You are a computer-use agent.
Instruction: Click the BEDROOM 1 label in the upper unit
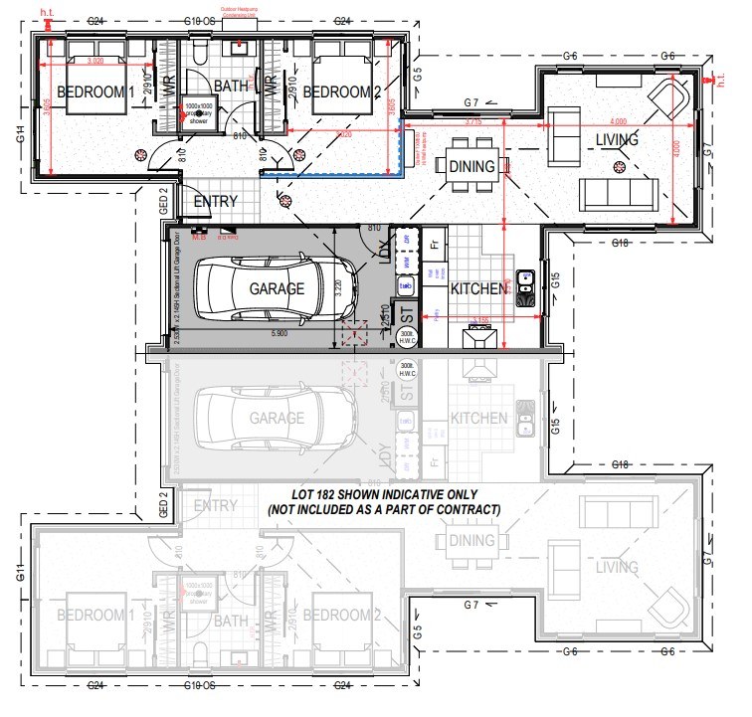pyautogui.click(x=95, y=92)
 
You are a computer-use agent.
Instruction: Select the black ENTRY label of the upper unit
pyautogui.click(x=216, y=202)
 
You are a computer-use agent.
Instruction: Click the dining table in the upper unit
pyautogui.click(x=471, y=166)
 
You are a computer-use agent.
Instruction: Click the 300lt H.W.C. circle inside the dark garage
pyautogui.click(x=406, y=337)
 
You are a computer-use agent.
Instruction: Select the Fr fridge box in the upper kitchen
pyautogui.click(x=435, y=242)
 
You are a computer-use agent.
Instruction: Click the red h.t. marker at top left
pyautogui.click(x=46, y=12)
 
